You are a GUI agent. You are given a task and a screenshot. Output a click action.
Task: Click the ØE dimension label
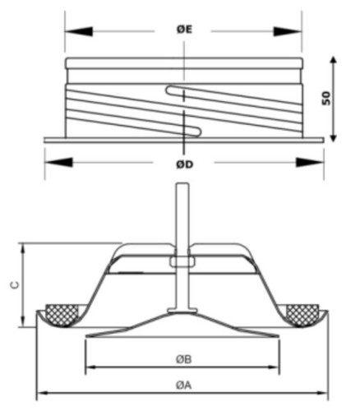point(184,30)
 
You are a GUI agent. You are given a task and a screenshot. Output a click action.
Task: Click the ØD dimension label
point(184,164)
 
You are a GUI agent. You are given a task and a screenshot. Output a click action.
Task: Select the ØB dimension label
point(184,359)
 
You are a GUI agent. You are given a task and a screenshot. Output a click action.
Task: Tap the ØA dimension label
point(184,386)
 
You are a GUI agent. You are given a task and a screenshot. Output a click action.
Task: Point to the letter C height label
point(16,285)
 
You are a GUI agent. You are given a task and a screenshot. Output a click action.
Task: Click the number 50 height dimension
point(326,98)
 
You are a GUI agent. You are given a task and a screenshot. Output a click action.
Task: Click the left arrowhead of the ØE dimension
point(79,31)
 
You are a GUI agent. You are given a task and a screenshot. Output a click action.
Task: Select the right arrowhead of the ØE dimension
point(288,31)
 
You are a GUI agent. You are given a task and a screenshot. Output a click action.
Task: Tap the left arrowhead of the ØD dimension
point(58,162)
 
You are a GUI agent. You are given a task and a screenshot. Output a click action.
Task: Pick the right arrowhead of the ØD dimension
point(310,162)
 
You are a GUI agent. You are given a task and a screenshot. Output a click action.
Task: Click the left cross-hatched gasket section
point(62,315)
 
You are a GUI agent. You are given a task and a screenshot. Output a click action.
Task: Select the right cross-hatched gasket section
point(302,315)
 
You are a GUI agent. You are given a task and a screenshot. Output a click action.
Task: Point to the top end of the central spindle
point(182,184)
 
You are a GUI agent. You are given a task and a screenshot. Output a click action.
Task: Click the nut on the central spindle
point(182,261)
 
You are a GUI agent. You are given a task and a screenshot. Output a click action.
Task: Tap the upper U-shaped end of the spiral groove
point(170,90)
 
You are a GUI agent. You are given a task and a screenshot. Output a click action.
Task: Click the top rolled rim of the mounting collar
point(184,63)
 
